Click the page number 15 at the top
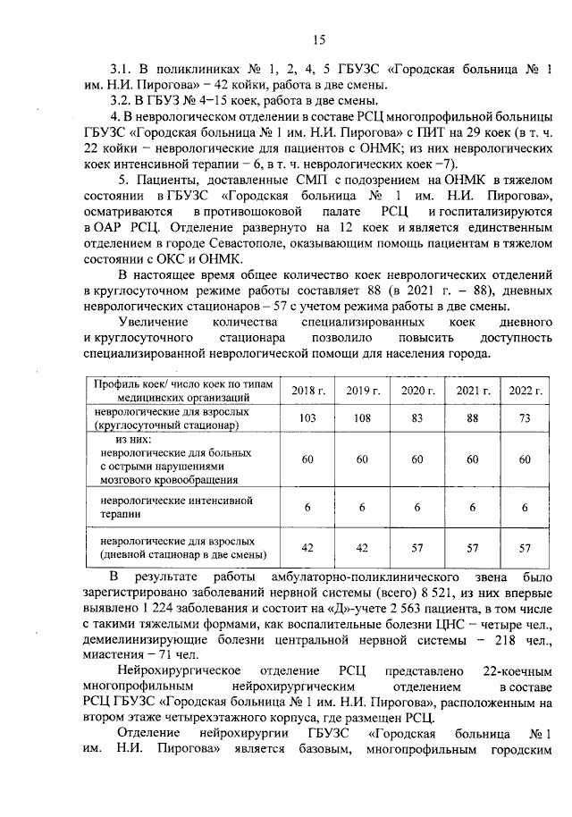coord(319,38)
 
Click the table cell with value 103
coord(309,418)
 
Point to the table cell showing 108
coord(363,418)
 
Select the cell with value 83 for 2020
coord(417,418)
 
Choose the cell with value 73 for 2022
coord(526,418)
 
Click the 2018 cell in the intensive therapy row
coord(309,507)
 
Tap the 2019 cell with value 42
coord(363,547)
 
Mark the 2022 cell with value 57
coord(526,547)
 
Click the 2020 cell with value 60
coord(417,459)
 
